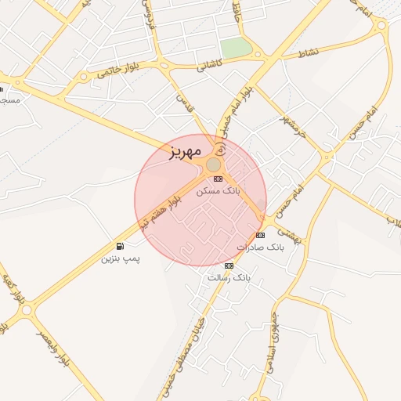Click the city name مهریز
(x=185, y=150)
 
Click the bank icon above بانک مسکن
(x=218, y=179)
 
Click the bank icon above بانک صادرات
(x=260, y=235)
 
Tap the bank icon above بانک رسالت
(x=229, y=266)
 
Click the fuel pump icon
(x=120, y=246)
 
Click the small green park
(x=237, y=49)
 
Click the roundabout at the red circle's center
(x=213, y=164)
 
